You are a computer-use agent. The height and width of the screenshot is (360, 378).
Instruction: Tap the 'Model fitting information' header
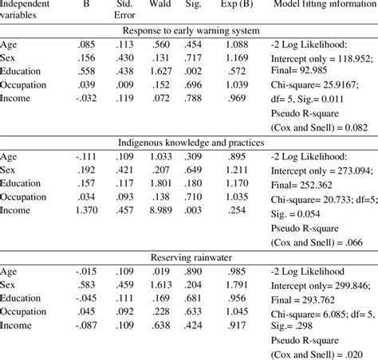point(324,6)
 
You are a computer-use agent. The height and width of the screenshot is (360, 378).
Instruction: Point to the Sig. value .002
point(192,71)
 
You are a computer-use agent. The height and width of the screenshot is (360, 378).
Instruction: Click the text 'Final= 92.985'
point(298,71)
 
